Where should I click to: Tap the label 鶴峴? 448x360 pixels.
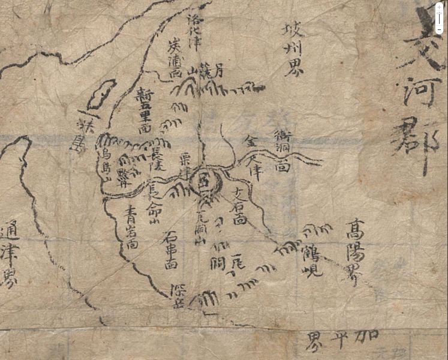[312, 259]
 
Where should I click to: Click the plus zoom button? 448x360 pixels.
[438, 13]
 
